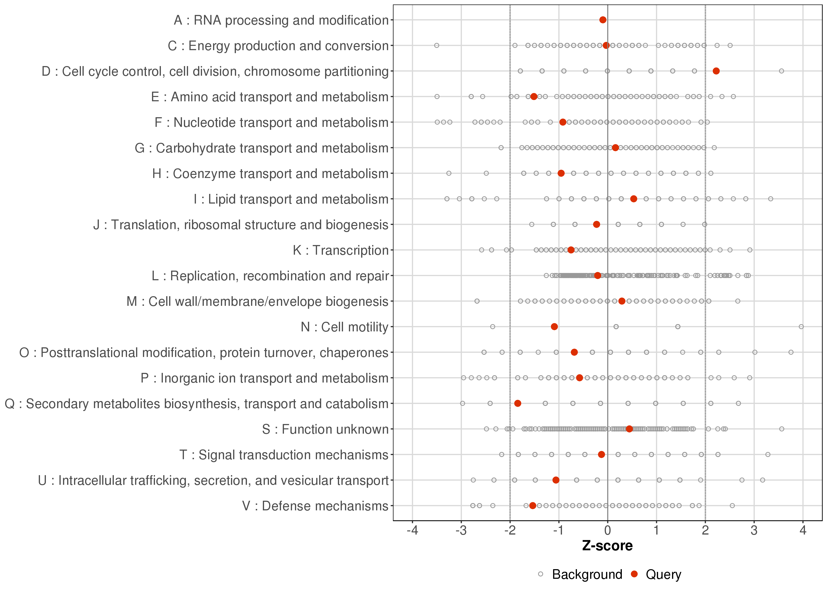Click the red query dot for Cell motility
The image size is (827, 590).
pos(554,327)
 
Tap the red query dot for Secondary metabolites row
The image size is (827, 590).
pos(517,403)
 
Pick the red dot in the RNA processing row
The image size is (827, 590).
pos(603,20)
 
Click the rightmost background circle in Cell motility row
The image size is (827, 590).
pos(801,327)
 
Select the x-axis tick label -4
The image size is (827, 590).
pos(412,531)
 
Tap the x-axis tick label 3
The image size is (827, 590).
pos(754,531)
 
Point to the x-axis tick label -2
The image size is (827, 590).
pos(510,531)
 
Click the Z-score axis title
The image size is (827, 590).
pos(607,546)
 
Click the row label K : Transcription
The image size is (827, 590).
pos(341,250)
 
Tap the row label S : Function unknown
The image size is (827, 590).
pos(325,429)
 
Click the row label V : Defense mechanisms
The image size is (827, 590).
pos(315,506)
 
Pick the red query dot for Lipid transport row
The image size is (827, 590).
pos(633,199)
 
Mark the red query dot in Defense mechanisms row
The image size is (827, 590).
pos(532,506)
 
